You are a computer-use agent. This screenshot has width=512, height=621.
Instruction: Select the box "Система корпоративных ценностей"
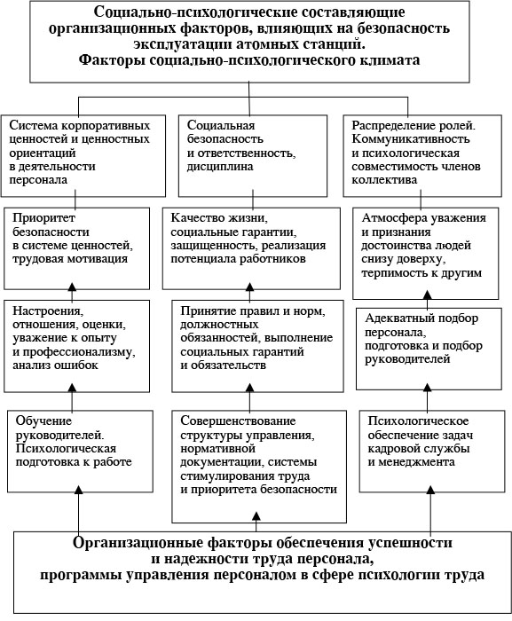(x=83, y=156)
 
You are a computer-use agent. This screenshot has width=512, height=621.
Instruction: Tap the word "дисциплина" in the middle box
(x=220, y=167)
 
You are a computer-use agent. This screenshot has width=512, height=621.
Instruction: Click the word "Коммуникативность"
(x=411, y=139)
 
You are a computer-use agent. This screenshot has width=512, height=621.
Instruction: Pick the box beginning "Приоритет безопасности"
(x=77, y=248)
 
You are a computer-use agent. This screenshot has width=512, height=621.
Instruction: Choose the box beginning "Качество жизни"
(x=251, y=248)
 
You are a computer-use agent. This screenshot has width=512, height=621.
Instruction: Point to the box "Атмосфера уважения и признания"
(x=426, y=254)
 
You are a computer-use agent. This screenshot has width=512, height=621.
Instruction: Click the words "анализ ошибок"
(x=55, y=366)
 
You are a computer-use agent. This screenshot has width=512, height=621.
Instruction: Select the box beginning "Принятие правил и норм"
(x=257, y=346)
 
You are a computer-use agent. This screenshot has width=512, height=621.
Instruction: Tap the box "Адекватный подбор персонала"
(x=429, y=349)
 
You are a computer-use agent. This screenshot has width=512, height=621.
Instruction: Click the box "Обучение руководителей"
(x=80, y=452)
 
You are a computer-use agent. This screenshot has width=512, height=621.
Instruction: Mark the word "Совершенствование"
(x=238, y=421)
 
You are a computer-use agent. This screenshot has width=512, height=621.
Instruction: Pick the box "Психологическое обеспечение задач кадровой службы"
(x=432, y=452)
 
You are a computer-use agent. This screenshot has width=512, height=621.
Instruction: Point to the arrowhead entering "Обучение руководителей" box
(x=78, y=490)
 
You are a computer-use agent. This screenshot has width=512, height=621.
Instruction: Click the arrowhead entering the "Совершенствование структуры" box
(x=256, y=516)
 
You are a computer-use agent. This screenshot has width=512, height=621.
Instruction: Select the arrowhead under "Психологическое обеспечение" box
(x=430, y=490)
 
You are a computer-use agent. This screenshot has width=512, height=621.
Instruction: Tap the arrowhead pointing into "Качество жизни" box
(x=249, y=287)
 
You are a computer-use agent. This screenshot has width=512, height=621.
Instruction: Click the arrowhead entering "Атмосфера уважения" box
(x=427, y=295)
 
